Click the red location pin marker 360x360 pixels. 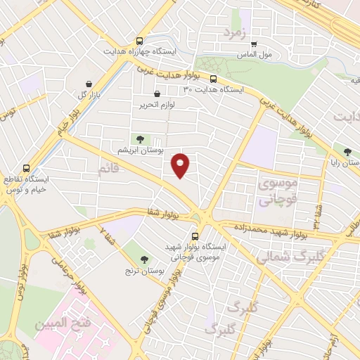click(x=181, y=165)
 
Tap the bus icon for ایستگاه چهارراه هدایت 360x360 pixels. click(x=140, y=41)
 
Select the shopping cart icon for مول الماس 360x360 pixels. click(x=254, y=44)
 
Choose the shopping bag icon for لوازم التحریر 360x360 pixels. click(x=156, y=93)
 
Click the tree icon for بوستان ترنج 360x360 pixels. click(x=144, y=259)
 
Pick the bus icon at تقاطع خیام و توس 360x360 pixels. click(x=26, y=168)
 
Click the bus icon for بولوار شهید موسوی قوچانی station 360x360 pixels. click(x=195, y=236)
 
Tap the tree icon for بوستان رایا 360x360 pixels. click(x=346, y=151)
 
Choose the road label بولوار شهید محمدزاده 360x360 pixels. click(x=268, y=230)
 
